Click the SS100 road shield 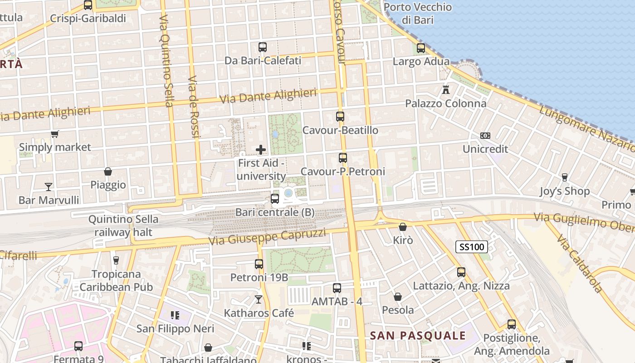click(x=471, y=247)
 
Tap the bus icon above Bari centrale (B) click(x=274, y=198)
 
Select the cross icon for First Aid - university click(x=261, y=149)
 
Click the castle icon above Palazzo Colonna click(x=446, y=89)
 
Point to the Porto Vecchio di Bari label click(x=418, y=14)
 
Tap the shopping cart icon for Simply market click(x=55, y=134)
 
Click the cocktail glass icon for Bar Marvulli click(x=49, y=186)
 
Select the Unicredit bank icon click(x=485, y=136)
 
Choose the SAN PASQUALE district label click(x=418, y=336)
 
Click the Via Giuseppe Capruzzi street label click(x=267, y=237)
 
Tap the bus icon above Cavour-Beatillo click(x=340, y=117)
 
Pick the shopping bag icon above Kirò click(x=402, y=227)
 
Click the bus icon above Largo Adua click(x=421, y=48)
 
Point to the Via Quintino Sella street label click(x=166, y=61)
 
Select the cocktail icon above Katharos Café click(x=259, y=299)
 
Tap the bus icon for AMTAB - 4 click(x=337, y=288)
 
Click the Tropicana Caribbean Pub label click(x=117, y=280)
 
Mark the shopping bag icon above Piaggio click(x=108, y=172)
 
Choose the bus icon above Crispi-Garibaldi click(x=88, y=5)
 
